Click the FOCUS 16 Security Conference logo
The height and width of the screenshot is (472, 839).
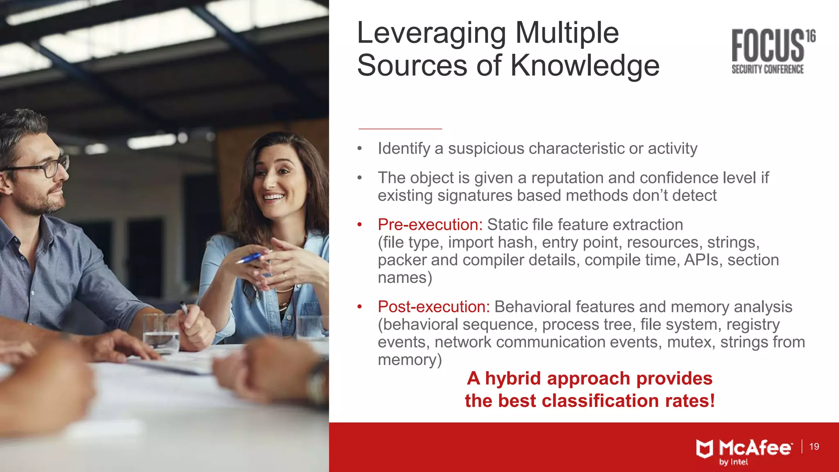772,51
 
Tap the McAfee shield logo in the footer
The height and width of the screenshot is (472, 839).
705,449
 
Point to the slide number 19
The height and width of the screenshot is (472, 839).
814,447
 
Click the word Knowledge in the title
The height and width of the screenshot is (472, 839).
585,66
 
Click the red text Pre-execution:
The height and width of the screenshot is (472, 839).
430,225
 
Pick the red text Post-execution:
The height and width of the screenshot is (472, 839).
433,306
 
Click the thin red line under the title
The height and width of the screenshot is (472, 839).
400,129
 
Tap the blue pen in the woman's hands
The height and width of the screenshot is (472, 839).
249,258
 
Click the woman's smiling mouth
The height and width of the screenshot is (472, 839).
273,197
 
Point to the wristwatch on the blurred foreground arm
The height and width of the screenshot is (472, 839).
317,383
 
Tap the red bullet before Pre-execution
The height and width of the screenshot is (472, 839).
360,225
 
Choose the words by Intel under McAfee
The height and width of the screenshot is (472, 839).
733,462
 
